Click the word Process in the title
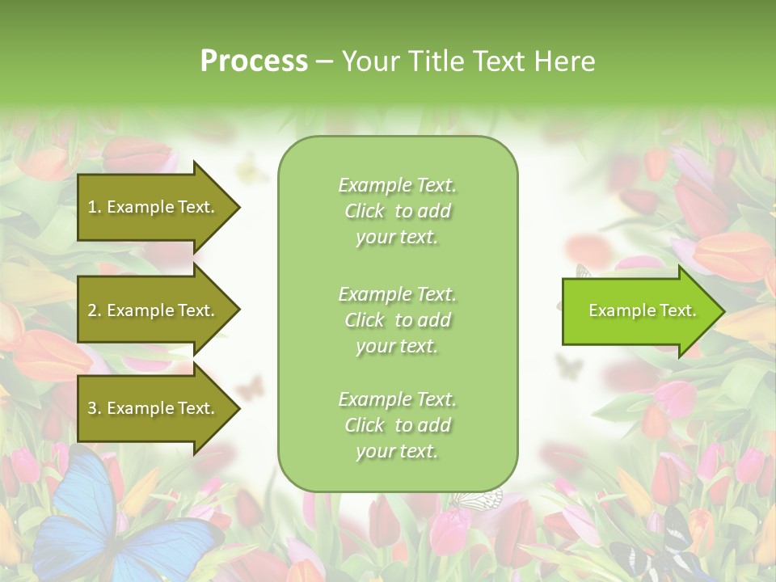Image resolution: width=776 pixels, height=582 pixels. coord(254,61)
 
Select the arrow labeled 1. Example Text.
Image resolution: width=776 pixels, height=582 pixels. coord(154,207)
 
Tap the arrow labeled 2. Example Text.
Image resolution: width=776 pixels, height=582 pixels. coord(154,310)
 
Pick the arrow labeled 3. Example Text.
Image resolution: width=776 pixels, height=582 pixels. coord(154,408)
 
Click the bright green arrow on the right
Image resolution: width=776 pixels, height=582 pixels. coord(639,311)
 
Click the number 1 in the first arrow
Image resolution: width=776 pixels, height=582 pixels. coord(91,207)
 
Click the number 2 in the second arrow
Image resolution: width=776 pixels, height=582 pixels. coord(92,310)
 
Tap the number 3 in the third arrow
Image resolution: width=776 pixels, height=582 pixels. coord(92,408)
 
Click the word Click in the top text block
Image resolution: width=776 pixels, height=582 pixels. coord(365,211)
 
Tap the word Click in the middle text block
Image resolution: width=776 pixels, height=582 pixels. coord(365,320)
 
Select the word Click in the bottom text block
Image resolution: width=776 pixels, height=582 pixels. coord(365,425)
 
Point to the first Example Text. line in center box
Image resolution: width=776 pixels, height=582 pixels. coord(397,185)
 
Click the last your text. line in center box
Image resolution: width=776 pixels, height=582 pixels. coord(397,451)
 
